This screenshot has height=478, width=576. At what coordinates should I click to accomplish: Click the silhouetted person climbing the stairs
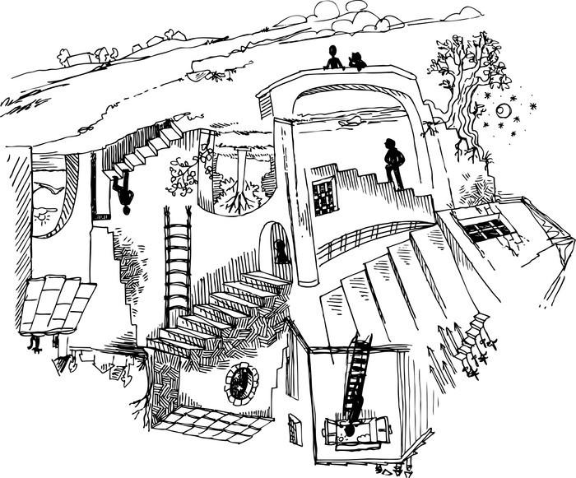(394, 163)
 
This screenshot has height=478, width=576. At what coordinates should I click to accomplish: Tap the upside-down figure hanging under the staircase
(123, 197)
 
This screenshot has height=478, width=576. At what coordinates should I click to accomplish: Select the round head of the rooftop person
(333, 51)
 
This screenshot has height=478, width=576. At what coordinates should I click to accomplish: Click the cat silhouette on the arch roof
(357, 62)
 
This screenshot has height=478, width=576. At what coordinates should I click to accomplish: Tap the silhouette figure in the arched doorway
(281, 251)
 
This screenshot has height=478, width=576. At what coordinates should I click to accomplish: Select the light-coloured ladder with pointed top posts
(177, 267)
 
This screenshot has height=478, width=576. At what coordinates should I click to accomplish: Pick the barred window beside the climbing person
(324, 197)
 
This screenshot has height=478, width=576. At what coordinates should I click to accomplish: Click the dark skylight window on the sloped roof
(485, 227)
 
